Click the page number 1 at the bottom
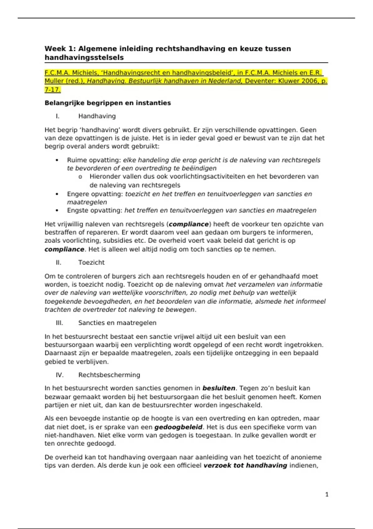(x=327, y=494)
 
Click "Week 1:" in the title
(x=60, y=49)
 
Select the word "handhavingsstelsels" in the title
(x=84, y=58)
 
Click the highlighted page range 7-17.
(x=53, y=90)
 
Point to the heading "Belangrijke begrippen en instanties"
(x=108, y=103)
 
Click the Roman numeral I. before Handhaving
(x=58, y=116)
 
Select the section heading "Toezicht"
(x=91, y=262)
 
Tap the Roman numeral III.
(x=59, y=323)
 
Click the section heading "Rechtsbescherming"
(x=109, y=375)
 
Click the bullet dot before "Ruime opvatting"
(x=57, y=160)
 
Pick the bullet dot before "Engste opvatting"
(x=57, y=210)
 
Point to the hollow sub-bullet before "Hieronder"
(x=80, y=177)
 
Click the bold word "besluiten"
(x=219, y=388)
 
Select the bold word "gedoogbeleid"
(x=178, y=427)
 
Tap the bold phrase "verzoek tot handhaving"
(x=245, y=466)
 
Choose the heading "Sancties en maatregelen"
(x=117, y=323)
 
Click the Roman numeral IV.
(x=60, y=375)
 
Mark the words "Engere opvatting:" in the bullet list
(x=95, y=194)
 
